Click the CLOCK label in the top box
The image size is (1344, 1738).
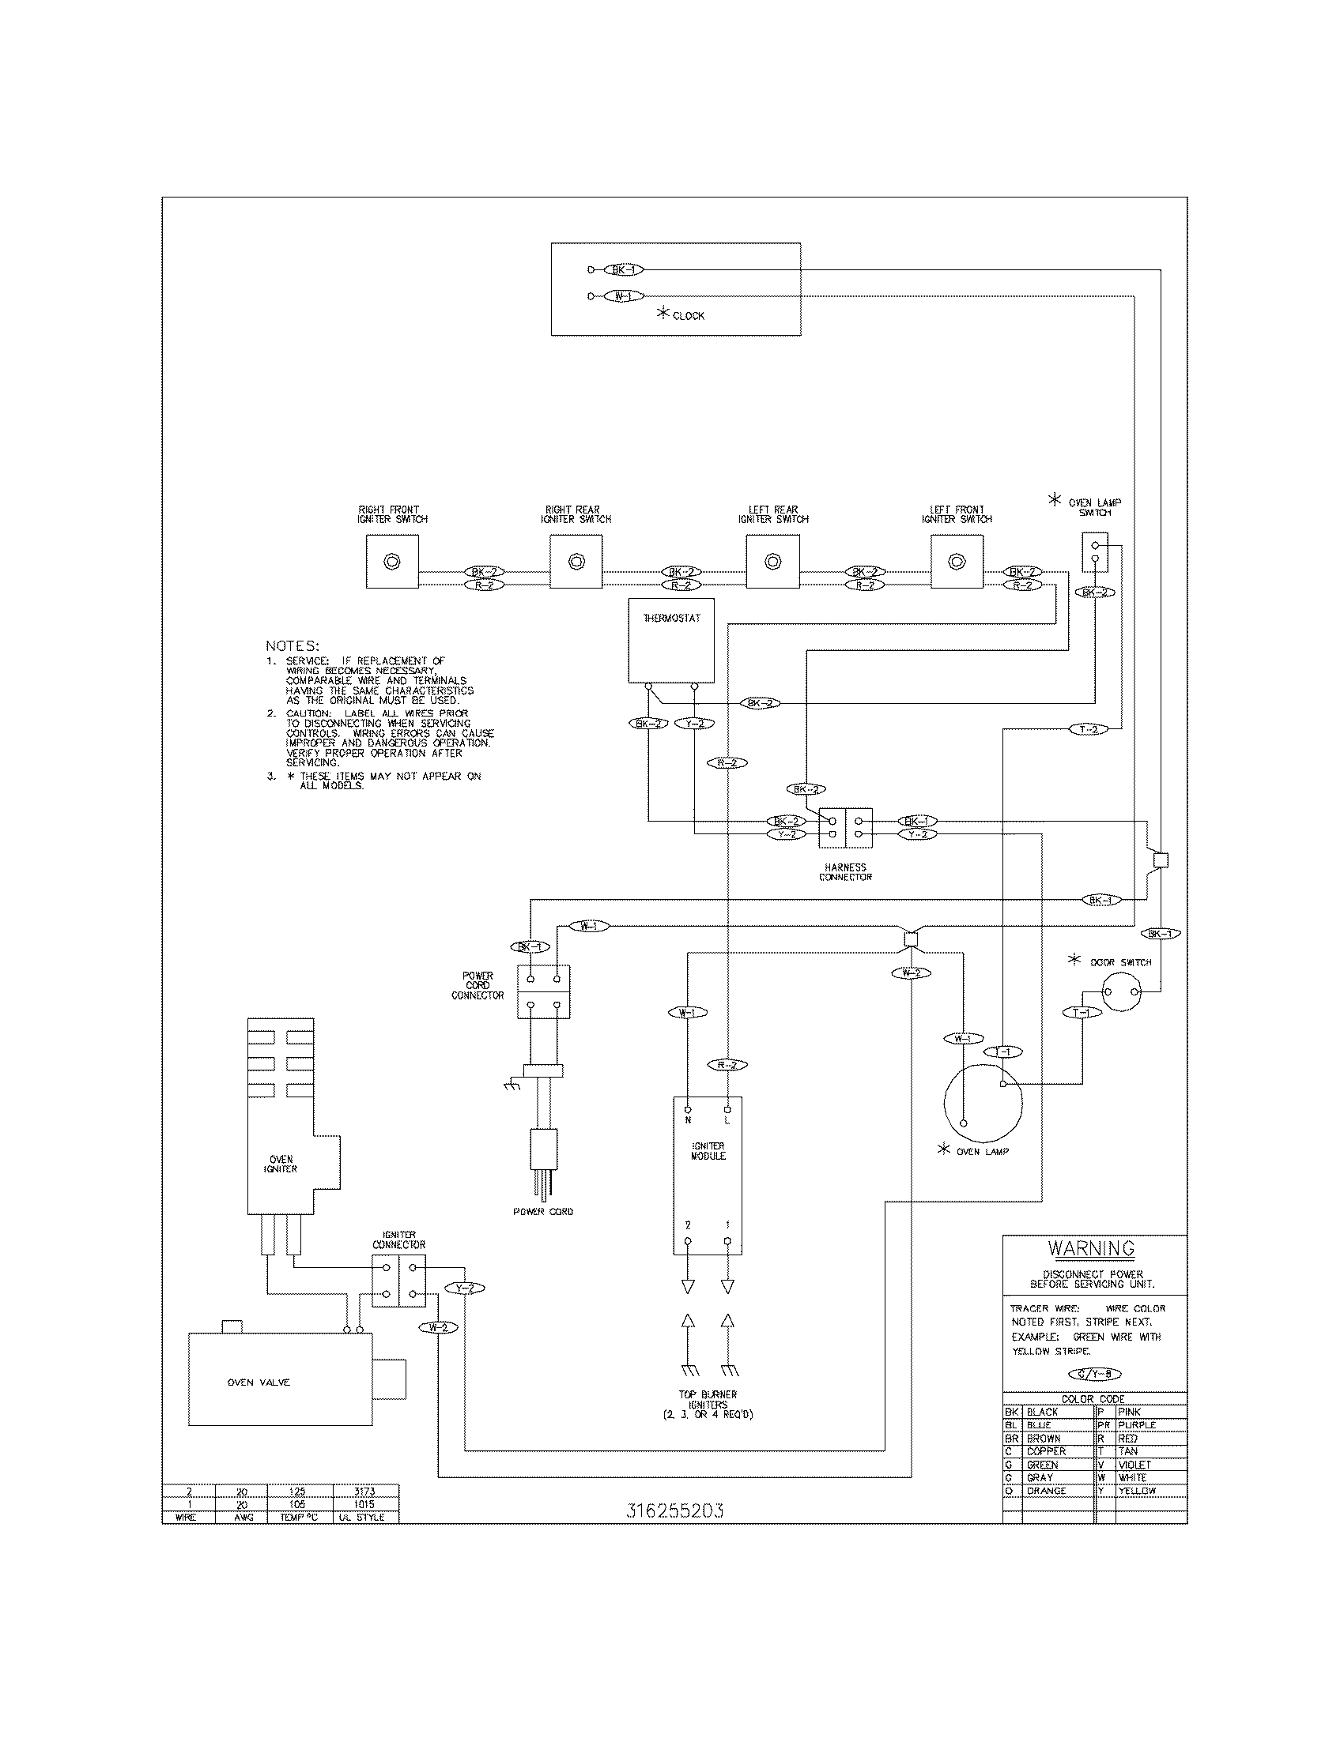coord(687,316)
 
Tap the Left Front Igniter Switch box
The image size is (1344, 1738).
coord(957,561)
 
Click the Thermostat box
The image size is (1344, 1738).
coord(670,641)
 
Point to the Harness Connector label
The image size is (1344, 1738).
coord(845,872)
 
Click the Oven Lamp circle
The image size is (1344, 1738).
coord(983,1103)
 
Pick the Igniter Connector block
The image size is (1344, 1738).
coord(398,1281)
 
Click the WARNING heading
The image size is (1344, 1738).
coord(1090,1247)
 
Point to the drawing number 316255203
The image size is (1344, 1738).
coord(675,1511)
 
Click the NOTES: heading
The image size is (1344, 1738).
coord(293,645)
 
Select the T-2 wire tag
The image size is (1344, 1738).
coord(1088,729)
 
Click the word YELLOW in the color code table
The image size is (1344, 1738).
coord(1136,1491)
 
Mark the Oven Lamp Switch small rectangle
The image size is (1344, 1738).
coord(1095,552)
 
